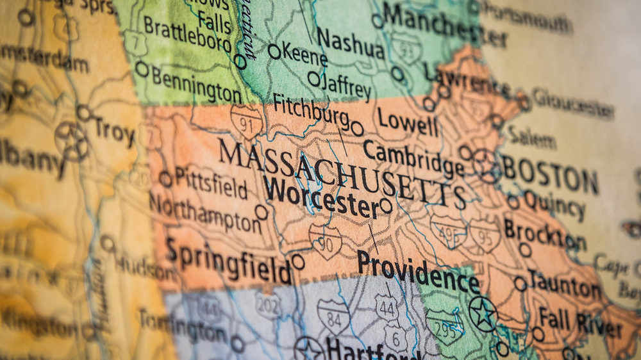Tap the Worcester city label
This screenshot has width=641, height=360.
[321, 197]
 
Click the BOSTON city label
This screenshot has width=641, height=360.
[550, 175]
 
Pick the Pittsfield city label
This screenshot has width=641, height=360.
[211, 183]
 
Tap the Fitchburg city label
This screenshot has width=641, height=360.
[311, 111]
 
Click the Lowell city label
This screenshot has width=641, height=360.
[408, 122]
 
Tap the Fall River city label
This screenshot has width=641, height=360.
[579, 321]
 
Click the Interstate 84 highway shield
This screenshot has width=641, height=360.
[333, 316]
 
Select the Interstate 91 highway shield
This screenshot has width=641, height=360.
[247, 120]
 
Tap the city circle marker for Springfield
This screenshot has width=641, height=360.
[298, 261]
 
